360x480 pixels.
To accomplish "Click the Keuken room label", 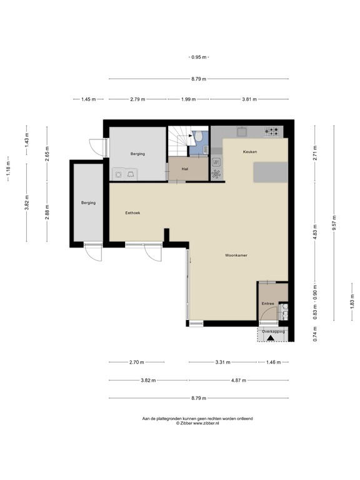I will pos(249,152).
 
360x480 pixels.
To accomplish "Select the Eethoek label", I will pos(132,213).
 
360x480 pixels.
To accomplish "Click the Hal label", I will pos(186,169).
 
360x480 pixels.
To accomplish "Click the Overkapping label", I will pos(273,331).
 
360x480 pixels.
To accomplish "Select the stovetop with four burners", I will pos(272,131).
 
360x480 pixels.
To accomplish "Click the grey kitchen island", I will pos(270,171).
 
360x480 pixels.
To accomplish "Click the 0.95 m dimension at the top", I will pos(198,57).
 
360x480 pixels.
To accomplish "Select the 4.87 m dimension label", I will pos(237,380).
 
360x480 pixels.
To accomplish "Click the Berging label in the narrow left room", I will pos(87,202).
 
